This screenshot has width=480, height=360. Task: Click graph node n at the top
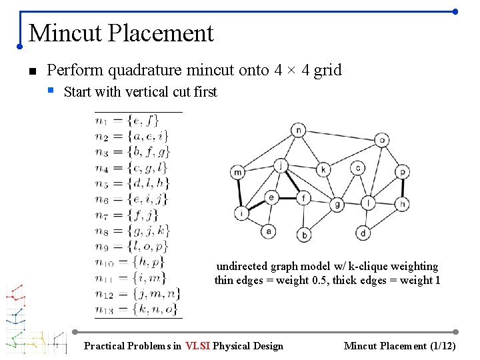point(299,130)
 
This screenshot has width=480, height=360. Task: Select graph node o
point(381,140)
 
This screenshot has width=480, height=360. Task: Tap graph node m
point(238,173)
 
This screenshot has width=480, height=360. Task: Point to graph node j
point(282,165)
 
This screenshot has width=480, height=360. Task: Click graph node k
point(323,169)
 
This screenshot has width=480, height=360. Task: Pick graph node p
point(402,172)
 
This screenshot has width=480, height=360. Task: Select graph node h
point(402,203)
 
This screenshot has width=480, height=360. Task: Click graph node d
point(363,233)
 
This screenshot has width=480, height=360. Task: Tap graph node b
point(304,235)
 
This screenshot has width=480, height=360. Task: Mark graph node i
point(241,213)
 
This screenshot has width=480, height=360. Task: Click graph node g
point(338,204)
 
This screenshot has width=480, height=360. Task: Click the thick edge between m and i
point(239,193)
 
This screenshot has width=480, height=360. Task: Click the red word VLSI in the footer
point(198,345)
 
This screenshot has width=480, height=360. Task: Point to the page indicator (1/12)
point(442,345)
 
